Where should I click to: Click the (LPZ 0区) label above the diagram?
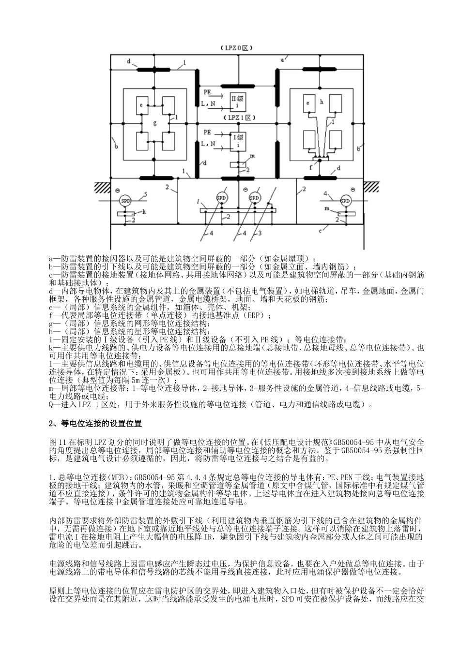tap(237, 48)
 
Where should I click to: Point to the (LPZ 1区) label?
tap(237, 118)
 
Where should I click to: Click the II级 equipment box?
tap(237, 101)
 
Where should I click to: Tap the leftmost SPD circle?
tap(125, 200)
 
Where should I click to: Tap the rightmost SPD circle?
tap(345, 200)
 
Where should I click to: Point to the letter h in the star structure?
tap(321, 102)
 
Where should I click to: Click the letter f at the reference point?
tap(310, 167)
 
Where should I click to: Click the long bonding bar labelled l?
tap(238, 210)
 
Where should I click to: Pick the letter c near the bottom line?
tap(321, 231)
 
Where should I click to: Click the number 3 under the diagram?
tap(260, 234)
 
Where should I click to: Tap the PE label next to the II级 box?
tap(207, 91)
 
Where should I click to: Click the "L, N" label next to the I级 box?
tap(208, 143)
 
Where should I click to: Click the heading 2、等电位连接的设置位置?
tap(96, 424)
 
